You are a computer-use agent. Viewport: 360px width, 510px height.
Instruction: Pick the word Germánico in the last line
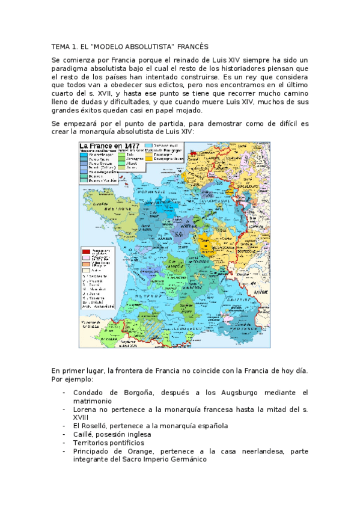(186, 459)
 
